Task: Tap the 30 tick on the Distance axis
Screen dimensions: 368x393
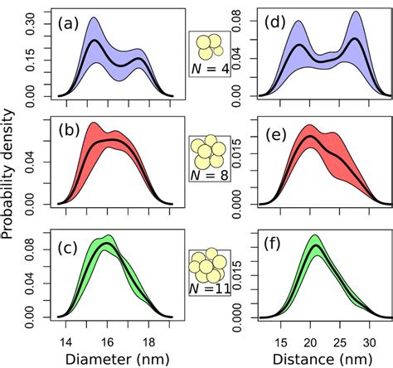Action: pos(366,338)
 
